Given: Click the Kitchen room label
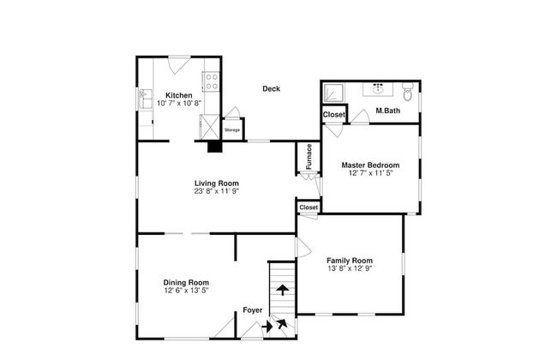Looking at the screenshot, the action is click(x=179, y=95).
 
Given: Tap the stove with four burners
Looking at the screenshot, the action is click(x=212, y=81).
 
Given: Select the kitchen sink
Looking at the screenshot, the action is click(x=145, y=99).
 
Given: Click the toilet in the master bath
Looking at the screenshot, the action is click(x=407, y=92).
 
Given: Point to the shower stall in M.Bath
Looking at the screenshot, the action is click(x=333, y=93).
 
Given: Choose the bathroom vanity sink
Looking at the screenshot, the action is click(x=378, y=89).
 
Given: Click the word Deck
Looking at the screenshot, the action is click(x=271, y=89).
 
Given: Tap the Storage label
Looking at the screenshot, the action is click(x=232, y=130).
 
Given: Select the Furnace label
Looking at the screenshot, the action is click(x=309, y=156).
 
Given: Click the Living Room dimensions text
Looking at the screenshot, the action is click(x=216, y=191).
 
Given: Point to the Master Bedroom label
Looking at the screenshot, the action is click(x=370, y=165).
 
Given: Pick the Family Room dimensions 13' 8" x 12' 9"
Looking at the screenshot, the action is click(x=350, y=268).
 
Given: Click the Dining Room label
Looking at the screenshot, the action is click(x=186, y=283).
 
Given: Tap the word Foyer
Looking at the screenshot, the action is click(x=253, y=310).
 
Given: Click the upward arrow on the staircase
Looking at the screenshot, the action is click(x=283, y=290).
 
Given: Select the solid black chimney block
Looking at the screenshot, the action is click(x=214, y=147).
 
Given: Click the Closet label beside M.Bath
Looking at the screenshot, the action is click(x=333, y=115).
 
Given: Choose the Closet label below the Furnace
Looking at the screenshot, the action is click(x=308, y=207).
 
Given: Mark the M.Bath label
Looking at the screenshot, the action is click(x=388, y=111).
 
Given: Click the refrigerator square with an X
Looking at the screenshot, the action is click(x=210, y=127).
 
